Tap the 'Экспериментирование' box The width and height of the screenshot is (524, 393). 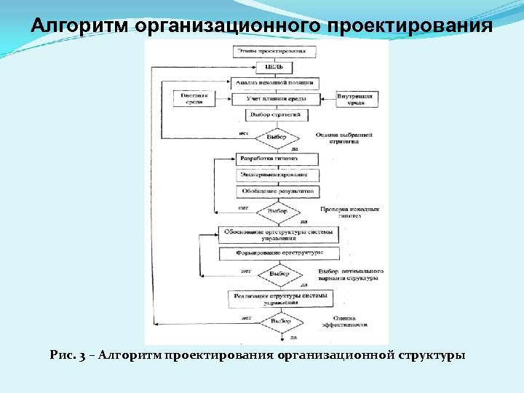pos(277,175)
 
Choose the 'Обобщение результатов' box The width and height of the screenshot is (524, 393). pos(277,191)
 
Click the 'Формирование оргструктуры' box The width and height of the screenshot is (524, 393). pos(279,253)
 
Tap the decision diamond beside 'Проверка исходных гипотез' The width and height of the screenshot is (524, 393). pos(277,211)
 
